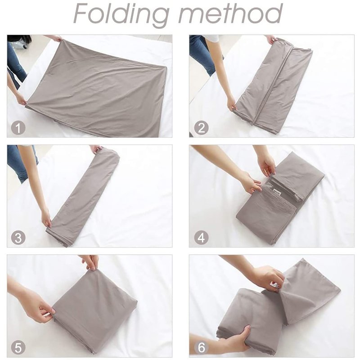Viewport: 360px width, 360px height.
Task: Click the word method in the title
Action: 230,13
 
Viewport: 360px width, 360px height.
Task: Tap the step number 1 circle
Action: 18,127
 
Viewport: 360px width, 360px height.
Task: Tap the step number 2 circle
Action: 201,127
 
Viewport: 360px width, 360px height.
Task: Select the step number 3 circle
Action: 18,238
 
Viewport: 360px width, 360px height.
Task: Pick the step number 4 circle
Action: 201,238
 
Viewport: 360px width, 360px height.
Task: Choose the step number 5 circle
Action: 18,347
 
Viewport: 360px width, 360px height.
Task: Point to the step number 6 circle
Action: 201,347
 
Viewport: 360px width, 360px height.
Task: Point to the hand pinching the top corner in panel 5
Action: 91,262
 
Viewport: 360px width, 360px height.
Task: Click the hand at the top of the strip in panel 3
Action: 96,149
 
